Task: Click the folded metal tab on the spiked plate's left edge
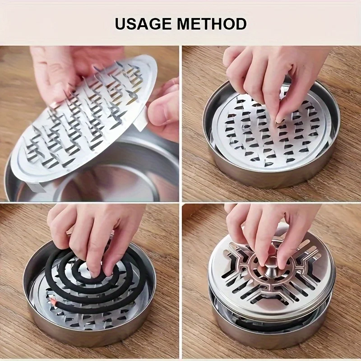[53, 105]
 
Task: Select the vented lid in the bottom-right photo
[271, 275]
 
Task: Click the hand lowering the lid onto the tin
[266, 230]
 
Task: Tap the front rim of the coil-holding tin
[90, 336]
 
